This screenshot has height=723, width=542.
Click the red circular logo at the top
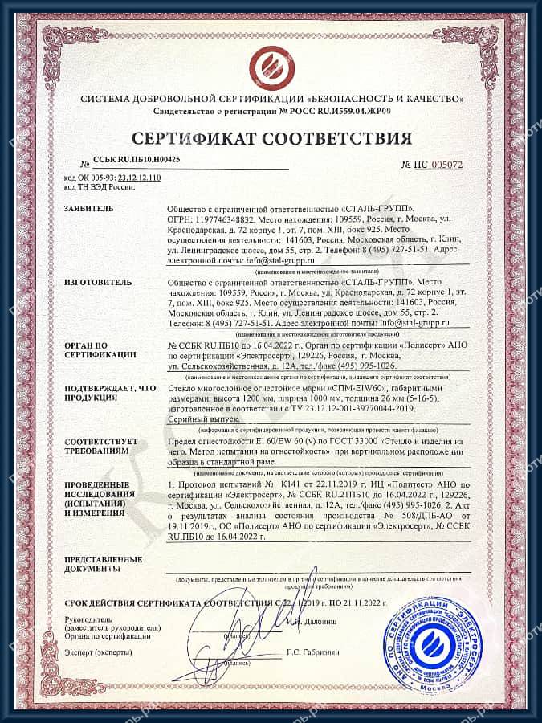270,67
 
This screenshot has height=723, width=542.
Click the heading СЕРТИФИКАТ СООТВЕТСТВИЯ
270,137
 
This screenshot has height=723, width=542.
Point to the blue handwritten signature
229,635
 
